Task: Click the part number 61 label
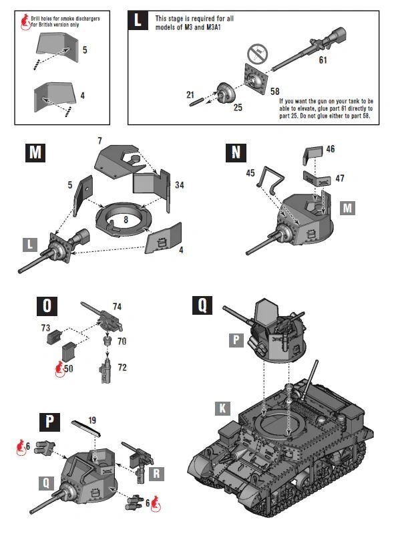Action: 323,60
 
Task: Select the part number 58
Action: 274,90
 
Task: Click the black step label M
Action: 35,153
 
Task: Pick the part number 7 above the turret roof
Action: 99,142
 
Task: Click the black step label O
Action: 46,307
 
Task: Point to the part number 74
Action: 117,307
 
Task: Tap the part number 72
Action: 122,368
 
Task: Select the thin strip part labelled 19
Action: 86,432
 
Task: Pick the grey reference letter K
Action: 222,408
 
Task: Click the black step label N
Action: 234,153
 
